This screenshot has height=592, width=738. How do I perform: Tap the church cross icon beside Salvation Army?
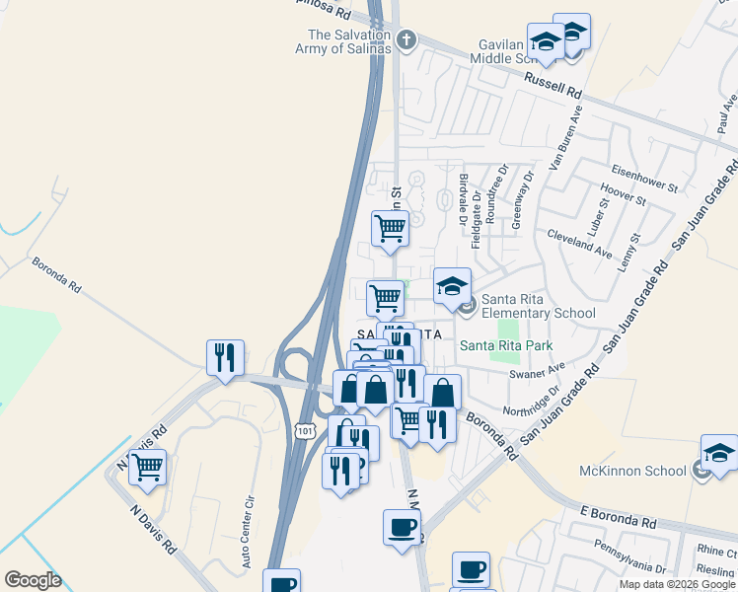(x=404, y=41)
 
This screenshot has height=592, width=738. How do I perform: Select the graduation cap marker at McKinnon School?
(x=719, y=453)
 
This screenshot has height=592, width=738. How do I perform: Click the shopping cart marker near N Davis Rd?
(x=148, y=466)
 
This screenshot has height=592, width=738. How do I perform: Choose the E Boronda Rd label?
(x=619, y=517)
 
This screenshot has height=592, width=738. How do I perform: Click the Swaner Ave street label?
(x=537, y=371)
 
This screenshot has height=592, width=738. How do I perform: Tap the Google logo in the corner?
(x=34, y=579)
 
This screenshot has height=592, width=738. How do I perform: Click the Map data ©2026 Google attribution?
(x=677, y=584)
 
